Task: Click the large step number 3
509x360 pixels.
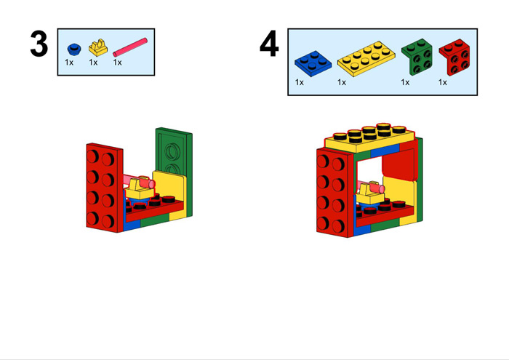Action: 39,44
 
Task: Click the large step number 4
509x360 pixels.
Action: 269,44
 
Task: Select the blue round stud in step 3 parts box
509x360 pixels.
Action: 74,49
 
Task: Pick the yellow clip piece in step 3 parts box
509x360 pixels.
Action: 98,48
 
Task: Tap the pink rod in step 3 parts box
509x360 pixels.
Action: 130,47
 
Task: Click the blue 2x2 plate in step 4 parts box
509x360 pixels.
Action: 313,63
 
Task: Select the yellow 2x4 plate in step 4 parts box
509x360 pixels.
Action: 366,59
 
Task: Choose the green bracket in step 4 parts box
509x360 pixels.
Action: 417,57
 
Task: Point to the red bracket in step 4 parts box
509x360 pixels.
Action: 454,57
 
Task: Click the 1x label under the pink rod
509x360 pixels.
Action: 118,63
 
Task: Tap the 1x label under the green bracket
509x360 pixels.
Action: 405,82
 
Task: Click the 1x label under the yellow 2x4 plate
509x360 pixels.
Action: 342,82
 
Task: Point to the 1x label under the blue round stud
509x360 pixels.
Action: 69,63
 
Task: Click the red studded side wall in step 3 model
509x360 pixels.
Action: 105,188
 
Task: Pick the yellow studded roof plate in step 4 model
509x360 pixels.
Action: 370,138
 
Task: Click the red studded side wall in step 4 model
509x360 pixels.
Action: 335,193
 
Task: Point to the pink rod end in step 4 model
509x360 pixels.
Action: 381,188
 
